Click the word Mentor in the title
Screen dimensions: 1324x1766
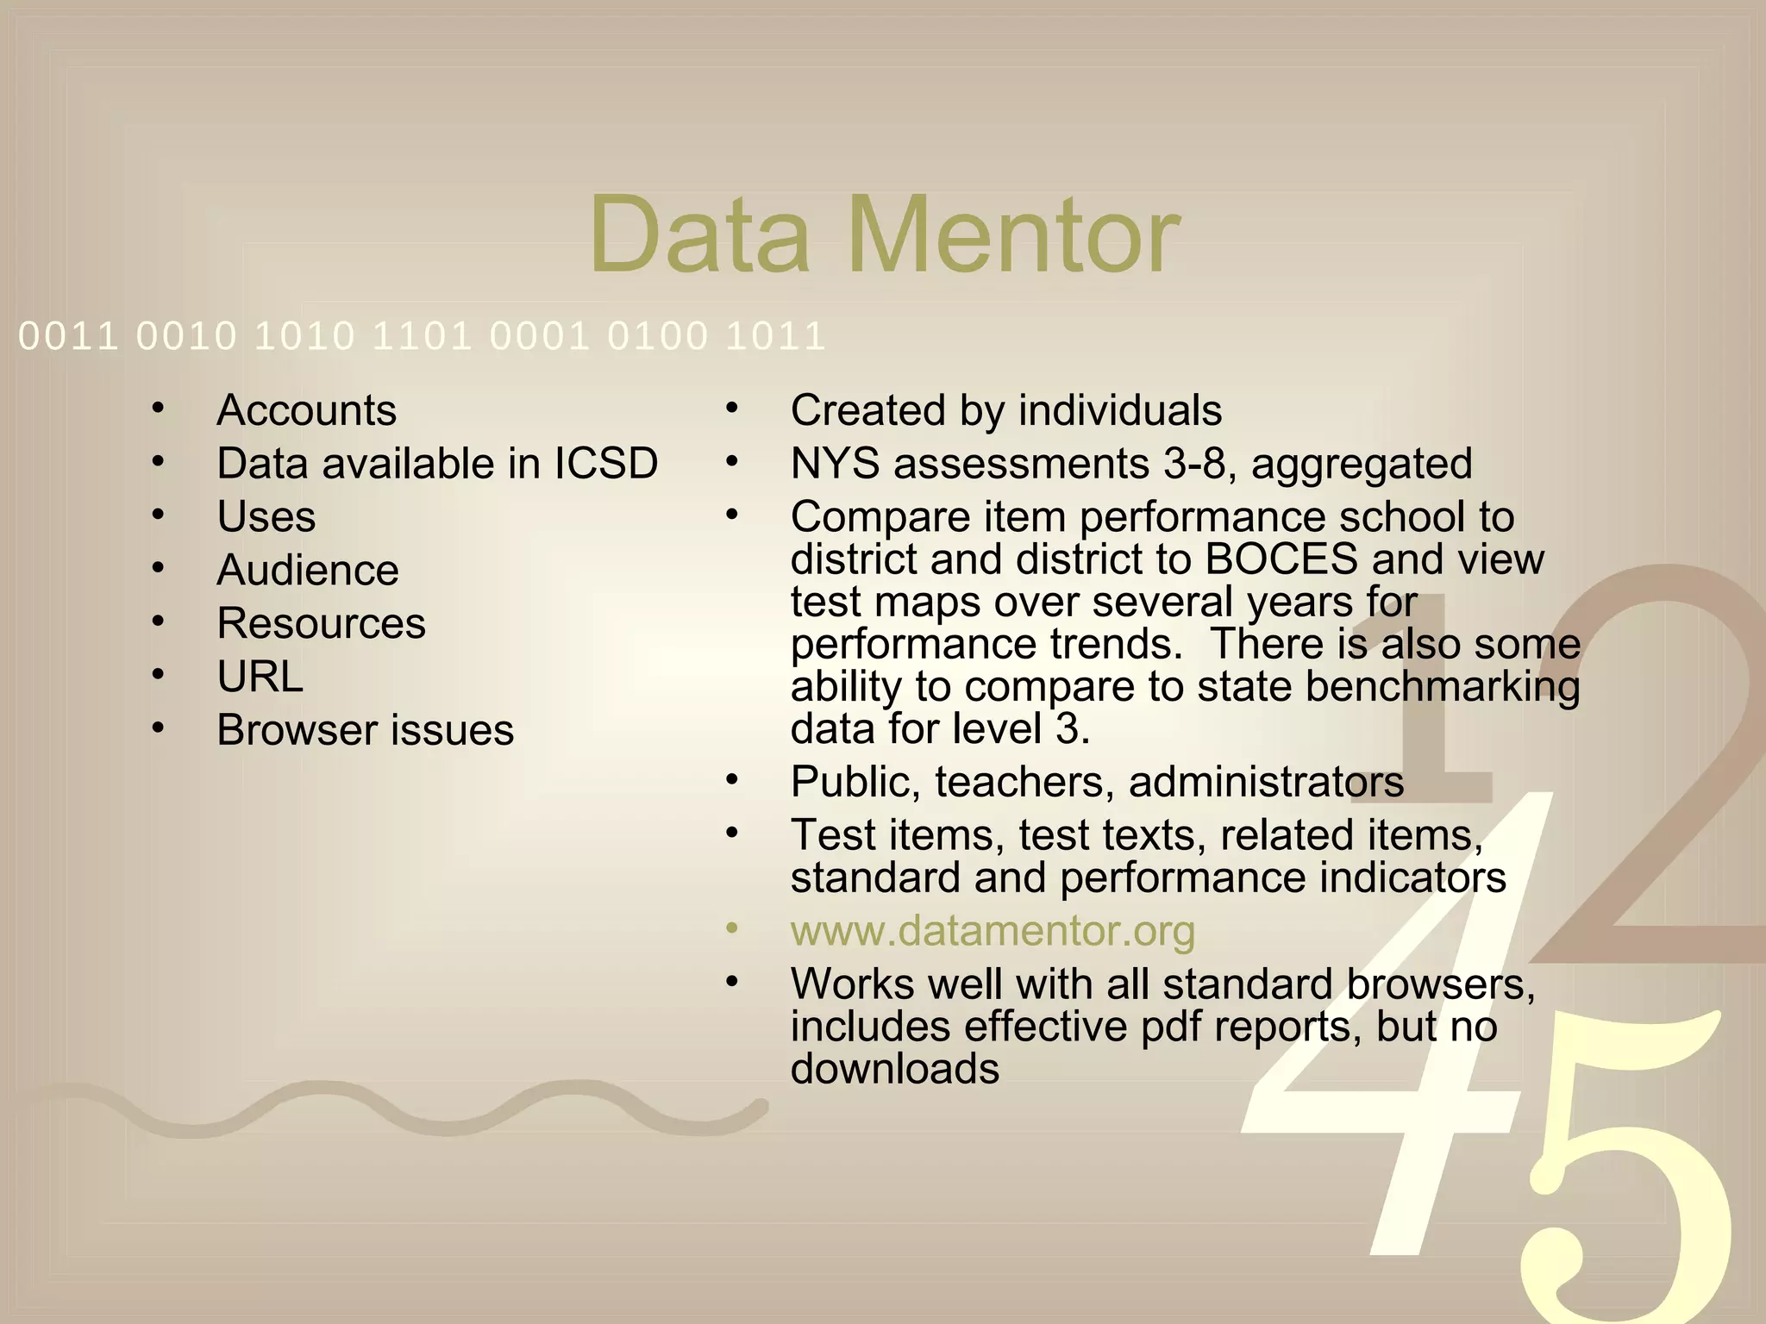click(1013, 234)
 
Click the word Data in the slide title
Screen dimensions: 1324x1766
click(698, 234)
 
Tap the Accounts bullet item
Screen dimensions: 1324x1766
click(306, 410)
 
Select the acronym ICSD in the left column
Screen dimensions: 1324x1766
click(605, 464)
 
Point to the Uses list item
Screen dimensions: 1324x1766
click(266, 517)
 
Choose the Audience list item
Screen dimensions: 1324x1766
click(307, 571)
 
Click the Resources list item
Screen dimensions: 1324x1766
click(321, 623)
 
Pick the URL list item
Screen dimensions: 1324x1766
click(260, 677)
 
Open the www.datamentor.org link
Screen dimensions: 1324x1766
click(993, 931)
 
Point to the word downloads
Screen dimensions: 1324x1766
click(894, 1070)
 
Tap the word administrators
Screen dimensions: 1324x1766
click(1266, 783)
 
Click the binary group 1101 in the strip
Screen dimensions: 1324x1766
click(422, 336)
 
